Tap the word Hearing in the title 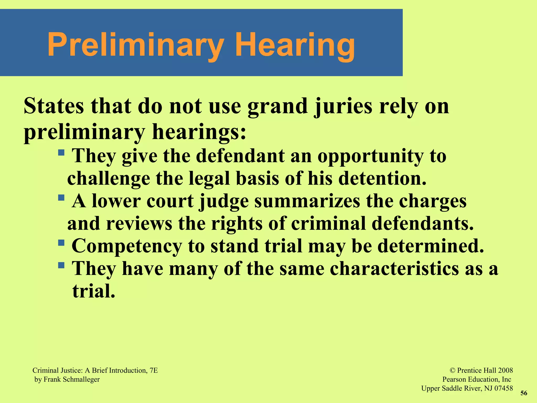(x=295, y=45)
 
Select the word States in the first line (x=54, y=106)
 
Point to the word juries (x=343, y=107)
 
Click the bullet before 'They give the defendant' (x=61, y=152)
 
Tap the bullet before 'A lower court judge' (x=61, y=197)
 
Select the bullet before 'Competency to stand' (x=61, y=242)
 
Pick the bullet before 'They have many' (x=61, y=265)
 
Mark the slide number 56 (x=524, y=393)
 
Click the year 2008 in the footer (x=505, y=370)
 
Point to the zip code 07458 (x=503, y=388)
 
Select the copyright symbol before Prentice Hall (x=452, y=370)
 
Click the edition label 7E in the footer (x=154, y=370)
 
